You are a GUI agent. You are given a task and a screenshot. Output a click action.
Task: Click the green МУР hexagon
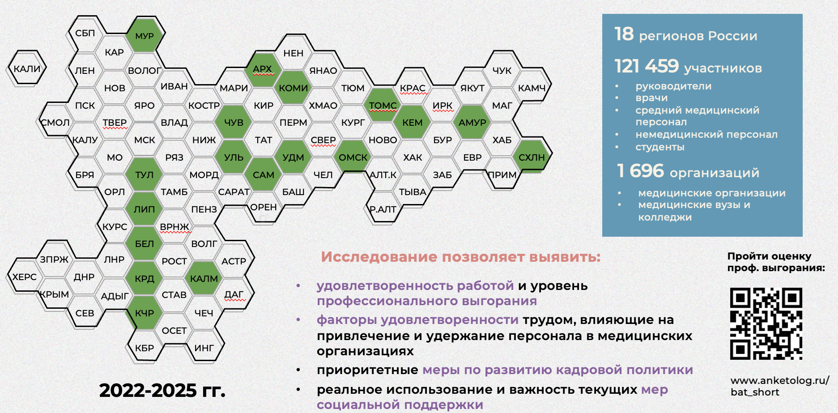pos(145,35)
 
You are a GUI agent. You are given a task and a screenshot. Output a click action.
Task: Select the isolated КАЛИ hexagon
pos(27,68)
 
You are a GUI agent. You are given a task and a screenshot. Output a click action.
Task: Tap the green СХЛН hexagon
pos(532,157)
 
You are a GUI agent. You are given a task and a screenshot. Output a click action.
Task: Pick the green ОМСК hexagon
pos(353,157)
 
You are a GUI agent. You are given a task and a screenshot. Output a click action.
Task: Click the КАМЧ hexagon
pos(532,88)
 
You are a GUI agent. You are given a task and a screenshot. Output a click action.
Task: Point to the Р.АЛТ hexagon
pos(383,209)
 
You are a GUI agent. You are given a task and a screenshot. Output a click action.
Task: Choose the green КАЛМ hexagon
pos(204,278)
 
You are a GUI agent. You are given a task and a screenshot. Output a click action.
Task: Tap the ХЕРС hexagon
pos(25,277)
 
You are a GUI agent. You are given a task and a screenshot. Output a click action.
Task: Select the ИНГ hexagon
pos(204,348)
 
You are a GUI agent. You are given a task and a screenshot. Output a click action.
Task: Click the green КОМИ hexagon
pos(293,88)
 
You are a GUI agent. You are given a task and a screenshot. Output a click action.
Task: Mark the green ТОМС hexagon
pos(383,105)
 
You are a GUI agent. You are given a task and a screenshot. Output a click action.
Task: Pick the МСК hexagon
pos(145,140)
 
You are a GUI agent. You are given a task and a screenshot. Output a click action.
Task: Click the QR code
pos(766,324)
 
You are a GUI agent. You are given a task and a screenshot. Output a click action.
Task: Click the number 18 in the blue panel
pos(624,34)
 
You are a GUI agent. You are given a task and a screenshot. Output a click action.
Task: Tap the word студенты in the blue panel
pos(659,147)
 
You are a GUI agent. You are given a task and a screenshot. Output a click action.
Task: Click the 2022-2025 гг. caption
pos(162,390)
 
